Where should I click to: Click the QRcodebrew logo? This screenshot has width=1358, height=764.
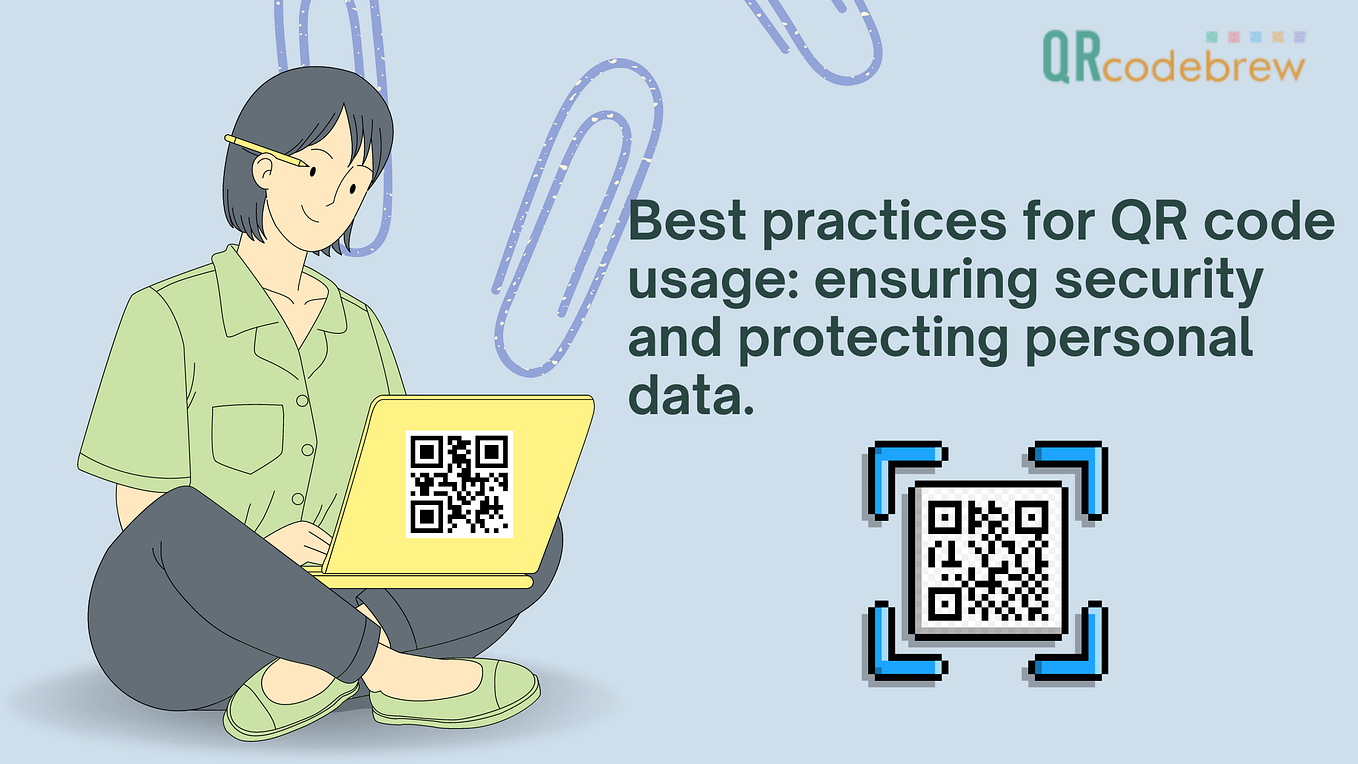[x=1171, y=56]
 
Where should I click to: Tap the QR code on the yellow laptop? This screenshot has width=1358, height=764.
[x=459, y=483]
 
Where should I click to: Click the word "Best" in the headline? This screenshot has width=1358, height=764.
[x=687, y=223]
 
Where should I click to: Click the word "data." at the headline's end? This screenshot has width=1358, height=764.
[x=689, y=396]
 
